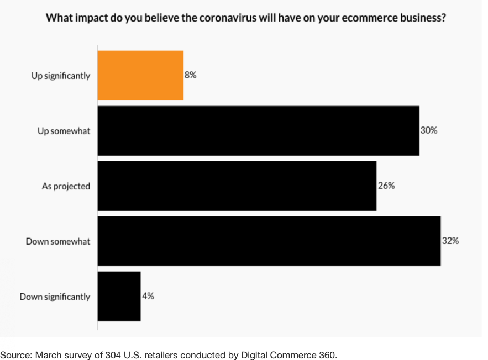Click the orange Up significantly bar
(x=140, y=75)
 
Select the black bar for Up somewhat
(x=258, y=131)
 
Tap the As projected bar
(x=237, y=186)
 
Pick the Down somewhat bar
(x=269, y=241)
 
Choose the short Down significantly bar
(x=119, y=297)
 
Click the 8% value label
(x=191, y=75)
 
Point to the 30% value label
(x=429, y=131)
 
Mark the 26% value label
(x=386, y=186)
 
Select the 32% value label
(x=450, y=241)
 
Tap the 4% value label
(x=148, y=297)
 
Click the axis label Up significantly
(x=60, y=76)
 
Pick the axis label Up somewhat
(x=64, y=131)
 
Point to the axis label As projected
(x=66, y=186)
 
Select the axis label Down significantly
(x=55, y=297)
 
